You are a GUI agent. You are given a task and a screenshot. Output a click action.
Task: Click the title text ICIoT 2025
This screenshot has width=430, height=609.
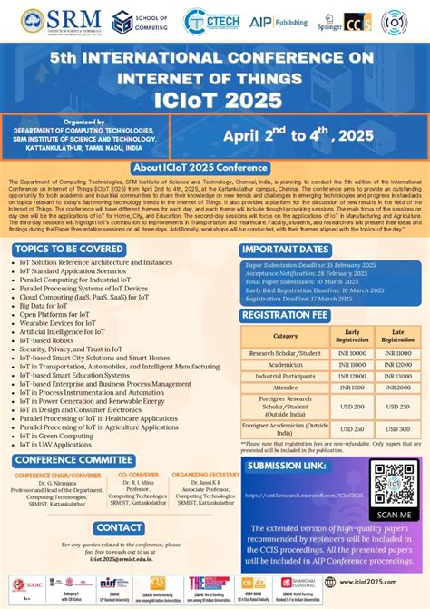[x=215, y=95]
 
